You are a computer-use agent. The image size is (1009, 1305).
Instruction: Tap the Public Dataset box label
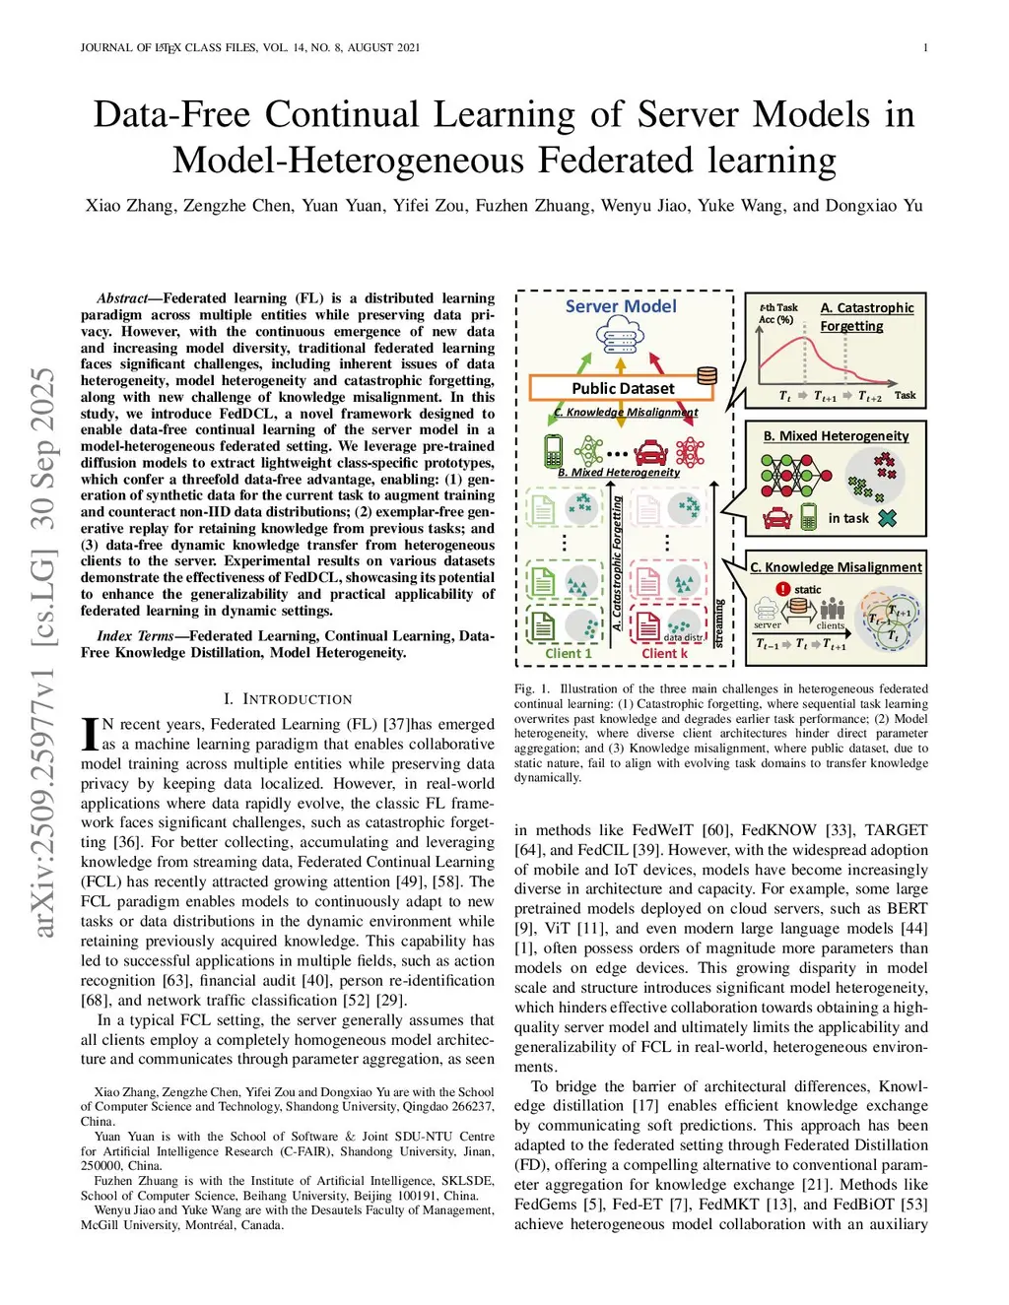[623, 388]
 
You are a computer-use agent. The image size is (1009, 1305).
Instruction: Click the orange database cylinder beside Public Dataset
[706, 376]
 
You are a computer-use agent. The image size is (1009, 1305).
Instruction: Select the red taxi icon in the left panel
[650, 453]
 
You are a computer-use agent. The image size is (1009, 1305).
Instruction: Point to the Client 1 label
[569, 653]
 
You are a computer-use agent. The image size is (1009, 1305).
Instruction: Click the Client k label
[664, 653]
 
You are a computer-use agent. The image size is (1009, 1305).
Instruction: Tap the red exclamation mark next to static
[783, 589]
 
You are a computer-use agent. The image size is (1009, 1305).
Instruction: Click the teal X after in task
[887, 518]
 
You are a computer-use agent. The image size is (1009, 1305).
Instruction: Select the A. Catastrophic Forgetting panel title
[866, 316]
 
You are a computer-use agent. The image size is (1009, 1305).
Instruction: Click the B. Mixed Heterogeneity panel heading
[836, 435]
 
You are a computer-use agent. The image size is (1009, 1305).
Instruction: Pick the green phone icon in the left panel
[554, 452]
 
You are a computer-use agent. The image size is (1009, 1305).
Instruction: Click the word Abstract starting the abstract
[121, 298]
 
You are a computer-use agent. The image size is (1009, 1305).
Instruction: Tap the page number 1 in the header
[925, 47]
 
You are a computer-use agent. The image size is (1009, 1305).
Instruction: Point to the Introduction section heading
[287, 699]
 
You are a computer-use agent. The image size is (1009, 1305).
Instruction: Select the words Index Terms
[136, 635]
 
